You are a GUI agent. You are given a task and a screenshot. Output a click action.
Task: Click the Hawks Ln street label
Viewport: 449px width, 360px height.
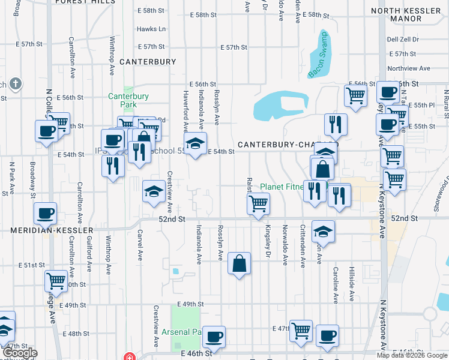pos(151,29)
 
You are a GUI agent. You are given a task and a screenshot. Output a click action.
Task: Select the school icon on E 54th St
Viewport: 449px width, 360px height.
pos(195,143)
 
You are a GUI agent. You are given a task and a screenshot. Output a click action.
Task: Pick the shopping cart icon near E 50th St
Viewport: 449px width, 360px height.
pos(56,280)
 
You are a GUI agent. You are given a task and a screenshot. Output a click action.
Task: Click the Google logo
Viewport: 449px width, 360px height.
pos(19,353)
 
